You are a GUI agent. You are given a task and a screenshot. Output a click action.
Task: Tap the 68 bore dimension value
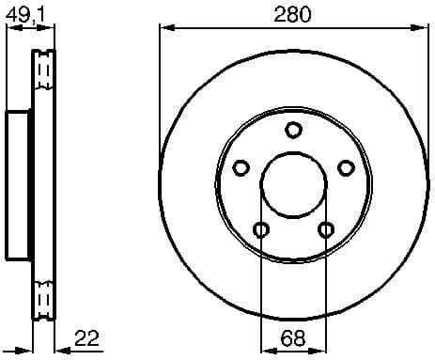pyautogui.click(x=293, y=337)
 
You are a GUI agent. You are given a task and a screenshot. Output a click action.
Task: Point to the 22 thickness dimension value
pyautogui.click(x=86, y=337)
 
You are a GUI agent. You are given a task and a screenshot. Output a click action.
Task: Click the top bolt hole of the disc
pyautogui.click(x=293, y=130)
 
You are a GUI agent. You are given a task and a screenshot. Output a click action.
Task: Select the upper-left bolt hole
pyautogui.click(x=241, y=168)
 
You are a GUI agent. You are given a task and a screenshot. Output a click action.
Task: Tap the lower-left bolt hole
pyautogui.click(x=261, y=229)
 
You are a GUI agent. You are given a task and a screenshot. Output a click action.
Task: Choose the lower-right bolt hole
pyautogui.click(x=326, y=229)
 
